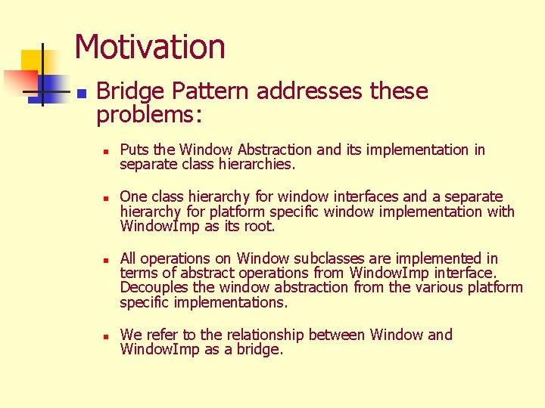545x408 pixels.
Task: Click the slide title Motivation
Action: [150, 47]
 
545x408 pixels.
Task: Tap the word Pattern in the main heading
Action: [210, 91]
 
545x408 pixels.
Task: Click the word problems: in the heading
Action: [151, 114]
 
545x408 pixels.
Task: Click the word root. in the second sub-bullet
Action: [259, 227]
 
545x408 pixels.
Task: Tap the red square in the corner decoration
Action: [18, 80]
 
